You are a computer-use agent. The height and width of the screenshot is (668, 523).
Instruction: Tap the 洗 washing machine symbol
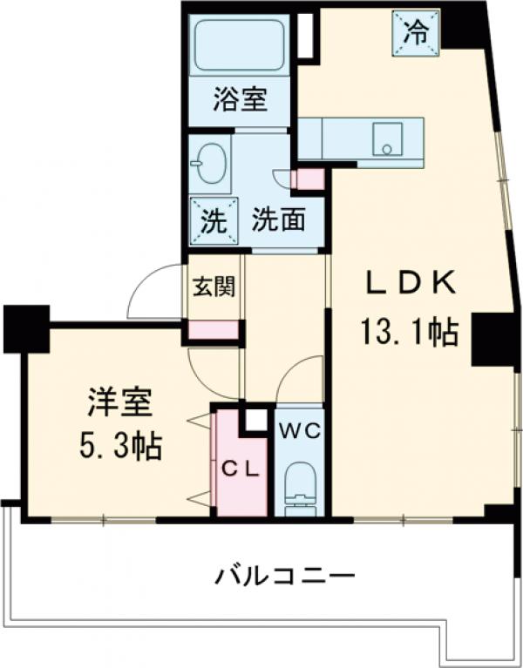click(212, 219)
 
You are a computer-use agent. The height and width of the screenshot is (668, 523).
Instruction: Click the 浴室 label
click(239, 99)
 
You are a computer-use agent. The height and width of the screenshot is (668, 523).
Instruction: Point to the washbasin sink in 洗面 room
click(210, 163)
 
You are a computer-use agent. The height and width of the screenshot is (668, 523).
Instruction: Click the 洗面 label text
click(278, 219)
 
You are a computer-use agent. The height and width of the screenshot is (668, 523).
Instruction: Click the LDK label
click(410, 283)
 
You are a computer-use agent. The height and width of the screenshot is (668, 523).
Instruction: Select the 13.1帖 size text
click(409, 331)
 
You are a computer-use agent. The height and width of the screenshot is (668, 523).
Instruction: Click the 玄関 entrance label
click(214, 287)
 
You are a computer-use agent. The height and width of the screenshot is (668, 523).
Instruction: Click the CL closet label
click(239, 469)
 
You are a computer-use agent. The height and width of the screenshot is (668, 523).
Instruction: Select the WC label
click(300, 430)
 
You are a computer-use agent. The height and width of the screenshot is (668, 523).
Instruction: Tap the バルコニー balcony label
click(286, 576)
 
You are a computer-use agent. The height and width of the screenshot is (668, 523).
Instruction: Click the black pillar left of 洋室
click(25, 327)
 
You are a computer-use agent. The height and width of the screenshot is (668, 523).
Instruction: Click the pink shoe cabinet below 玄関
click(214, 331)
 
